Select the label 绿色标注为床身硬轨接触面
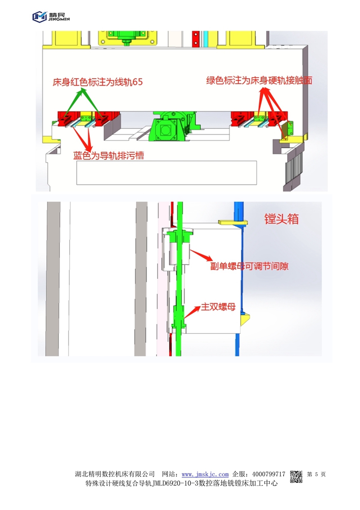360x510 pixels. tap(259, 81)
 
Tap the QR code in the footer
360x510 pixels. tap(296, 477)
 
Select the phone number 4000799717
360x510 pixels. tap(269, 474)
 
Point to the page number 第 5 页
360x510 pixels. tap(316, 474)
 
